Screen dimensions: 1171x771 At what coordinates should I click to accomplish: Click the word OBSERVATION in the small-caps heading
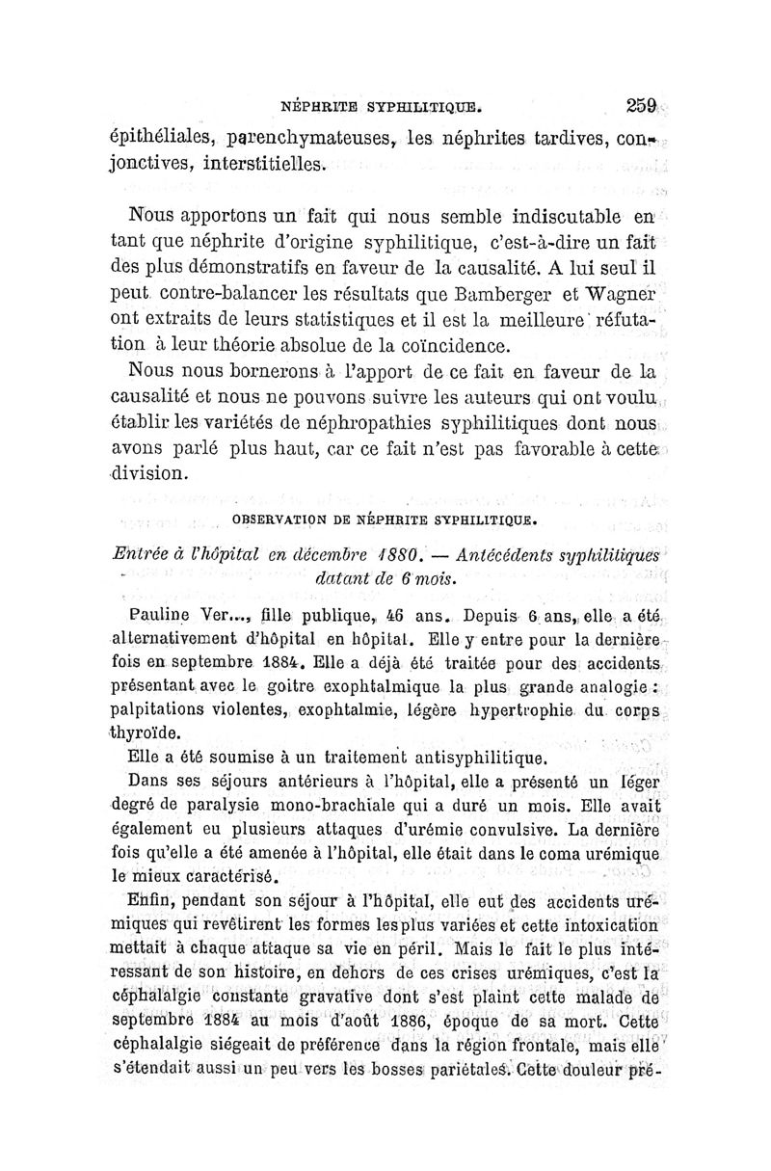[x=276, y=522]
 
